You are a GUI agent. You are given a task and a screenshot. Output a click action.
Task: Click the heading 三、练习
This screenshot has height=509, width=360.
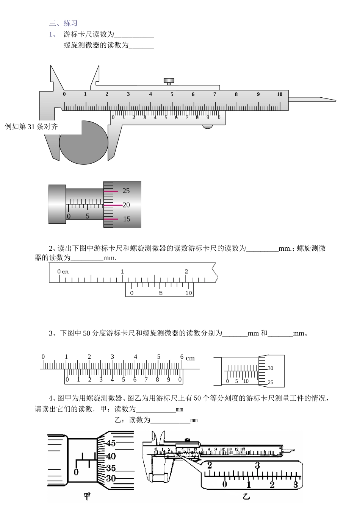click(x=63, y=23)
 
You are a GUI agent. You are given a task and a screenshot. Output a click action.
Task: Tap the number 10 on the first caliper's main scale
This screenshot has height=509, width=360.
click(x=279, y=94)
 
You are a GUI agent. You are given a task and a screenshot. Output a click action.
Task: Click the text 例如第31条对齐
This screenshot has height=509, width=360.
click(x=31, y=126)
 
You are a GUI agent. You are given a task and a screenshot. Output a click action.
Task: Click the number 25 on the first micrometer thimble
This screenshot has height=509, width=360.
click(x=126, y=191)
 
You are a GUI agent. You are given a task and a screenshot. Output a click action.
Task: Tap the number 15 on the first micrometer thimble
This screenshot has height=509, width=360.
click(x=126, y=219)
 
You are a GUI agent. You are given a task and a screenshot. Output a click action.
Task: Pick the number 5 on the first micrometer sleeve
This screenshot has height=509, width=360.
click(x=88, y=216)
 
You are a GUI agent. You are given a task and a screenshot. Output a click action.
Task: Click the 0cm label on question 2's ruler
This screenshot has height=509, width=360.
click(x=63, y=272)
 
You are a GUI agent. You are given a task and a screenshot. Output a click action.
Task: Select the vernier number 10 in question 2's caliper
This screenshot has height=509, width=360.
click(x=188, y=293)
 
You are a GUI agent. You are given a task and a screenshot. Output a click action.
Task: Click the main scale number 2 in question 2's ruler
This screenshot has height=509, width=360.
click(x=186, y=272)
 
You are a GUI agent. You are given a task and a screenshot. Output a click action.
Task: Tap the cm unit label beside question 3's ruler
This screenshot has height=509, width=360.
click(x=190, y=358)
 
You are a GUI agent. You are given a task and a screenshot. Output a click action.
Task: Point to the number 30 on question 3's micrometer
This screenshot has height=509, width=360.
click(x=270, y=368)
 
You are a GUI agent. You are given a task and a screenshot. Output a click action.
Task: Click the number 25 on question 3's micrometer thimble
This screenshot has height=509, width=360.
click(x=270, y=382)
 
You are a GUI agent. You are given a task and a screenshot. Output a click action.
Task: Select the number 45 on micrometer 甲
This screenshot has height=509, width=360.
click(x=111, y=443)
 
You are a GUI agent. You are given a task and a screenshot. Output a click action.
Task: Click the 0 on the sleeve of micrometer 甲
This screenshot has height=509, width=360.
click(x=76, y=472)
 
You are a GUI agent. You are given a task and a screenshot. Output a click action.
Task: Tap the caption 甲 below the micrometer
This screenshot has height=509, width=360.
click(x=87, y=496)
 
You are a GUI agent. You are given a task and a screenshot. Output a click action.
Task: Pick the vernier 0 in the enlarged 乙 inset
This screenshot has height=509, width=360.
click(x=225, y=484)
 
